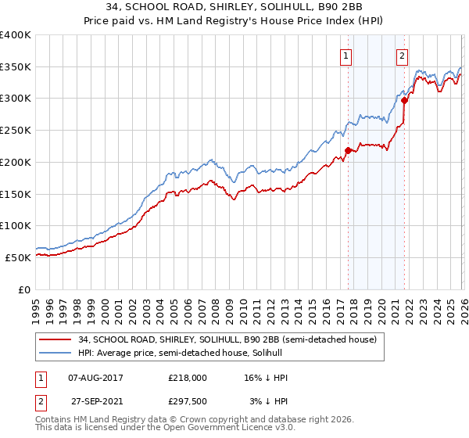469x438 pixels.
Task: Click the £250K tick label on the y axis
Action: click(x=15, y=131)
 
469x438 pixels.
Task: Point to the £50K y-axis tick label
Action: click(x=18, y=257)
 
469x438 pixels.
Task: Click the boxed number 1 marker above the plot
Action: click(x=345, y=56)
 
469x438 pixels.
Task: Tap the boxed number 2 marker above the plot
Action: click(x=403, y=56)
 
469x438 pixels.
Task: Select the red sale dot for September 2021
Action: click(x=404, y=100)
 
